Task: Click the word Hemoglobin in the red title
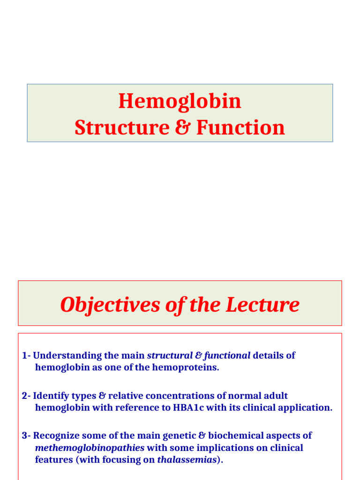(x=180, y=101)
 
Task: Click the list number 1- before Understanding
(x=26, y=355)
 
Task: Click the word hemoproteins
(x=191, y=367)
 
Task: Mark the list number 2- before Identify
(x=26, y=396)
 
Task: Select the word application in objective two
(x=306, y=407)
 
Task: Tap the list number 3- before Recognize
(x=26, y=435)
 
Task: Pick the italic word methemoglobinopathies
(x=90, y=448)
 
